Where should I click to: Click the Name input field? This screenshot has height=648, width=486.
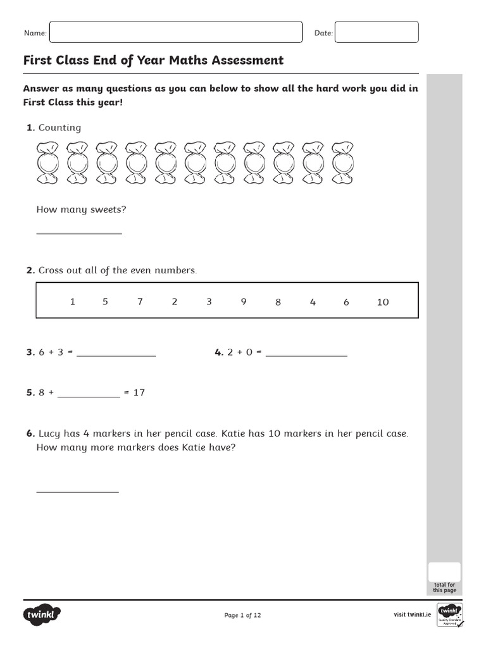(x=175, y=32)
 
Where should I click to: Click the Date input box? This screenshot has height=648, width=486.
(x=377, y=32)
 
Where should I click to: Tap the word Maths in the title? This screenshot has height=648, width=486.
(x=189, y=60)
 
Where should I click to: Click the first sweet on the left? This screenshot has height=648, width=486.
(x=47, y=164)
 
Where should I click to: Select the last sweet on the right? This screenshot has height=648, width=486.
(x=342, y=164)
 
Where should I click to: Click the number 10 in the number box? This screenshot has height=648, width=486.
(x=383, y=302)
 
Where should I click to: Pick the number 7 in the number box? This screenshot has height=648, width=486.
(x=140, y=302)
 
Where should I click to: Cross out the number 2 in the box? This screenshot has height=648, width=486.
(x=175, y=302)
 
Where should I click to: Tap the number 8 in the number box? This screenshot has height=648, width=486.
(x=278, y=302)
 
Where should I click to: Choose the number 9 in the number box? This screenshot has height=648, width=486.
(x=244, y=302)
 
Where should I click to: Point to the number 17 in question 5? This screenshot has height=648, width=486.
(x=139, y=392)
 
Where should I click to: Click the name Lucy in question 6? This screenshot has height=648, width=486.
(x=49, y=433)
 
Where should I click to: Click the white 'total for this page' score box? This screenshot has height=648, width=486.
(x=444, y=571)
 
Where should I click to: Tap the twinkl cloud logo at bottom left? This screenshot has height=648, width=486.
(x=42, y=614)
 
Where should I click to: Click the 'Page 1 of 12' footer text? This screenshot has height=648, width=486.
(x=243, y=615)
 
